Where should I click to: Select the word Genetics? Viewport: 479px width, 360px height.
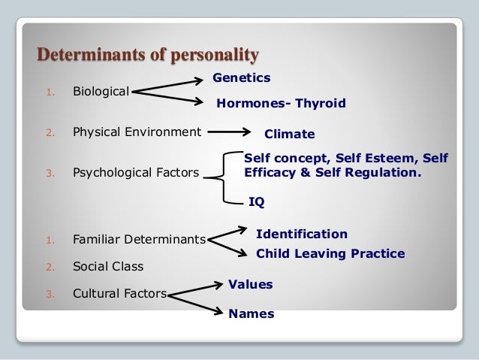[242, 77]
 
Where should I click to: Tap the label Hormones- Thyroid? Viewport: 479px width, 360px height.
[281, 104]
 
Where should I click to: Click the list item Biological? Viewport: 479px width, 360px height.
[101, 92]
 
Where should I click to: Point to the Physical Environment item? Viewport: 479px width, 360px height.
[137, 132]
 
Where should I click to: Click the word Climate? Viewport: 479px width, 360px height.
[289, 135]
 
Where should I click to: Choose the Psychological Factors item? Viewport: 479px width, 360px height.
[136, 173]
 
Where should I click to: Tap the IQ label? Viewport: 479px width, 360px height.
[256, 201]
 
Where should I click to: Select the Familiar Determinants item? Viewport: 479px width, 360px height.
[139, 241]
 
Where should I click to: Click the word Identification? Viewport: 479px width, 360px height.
[302, 234]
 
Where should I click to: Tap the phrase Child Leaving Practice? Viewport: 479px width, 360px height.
[330, 253]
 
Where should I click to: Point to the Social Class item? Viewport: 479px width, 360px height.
[107, 266]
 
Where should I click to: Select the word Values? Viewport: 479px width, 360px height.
[250, 284]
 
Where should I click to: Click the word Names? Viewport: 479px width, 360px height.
[251, 314]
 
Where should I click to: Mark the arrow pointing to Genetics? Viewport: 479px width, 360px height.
[173, 83]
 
